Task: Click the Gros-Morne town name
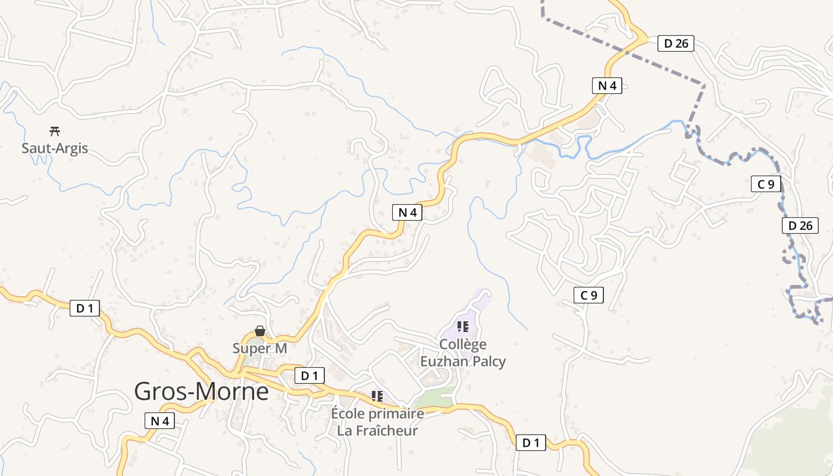click(201, 392)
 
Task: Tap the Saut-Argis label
click(55, 148)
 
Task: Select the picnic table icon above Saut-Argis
click(55, 131)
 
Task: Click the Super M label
click(259, 348)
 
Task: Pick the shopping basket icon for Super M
click(260, 331)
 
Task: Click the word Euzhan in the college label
click(443, 361)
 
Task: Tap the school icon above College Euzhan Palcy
click(463, 326)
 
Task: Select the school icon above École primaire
click(377, 396)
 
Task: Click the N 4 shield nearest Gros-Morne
click(160, 421)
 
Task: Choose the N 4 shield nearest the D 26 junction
click(607, 86)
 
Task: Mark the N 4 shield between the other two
click(407, 212)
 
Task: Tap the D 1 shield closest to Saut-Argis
click(84, 308)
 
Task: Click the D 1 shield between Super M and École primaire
click(309, 375)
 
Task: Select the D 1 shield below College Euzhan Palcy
click(531, 443)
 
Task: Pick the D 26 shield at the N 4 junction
click(676, 43)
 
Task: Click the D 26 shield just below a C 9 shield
click(800, 226)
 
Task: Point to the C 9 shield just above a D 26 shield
click(766, 184)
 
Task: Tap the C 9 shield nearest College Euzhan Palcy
click(588, 295)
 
